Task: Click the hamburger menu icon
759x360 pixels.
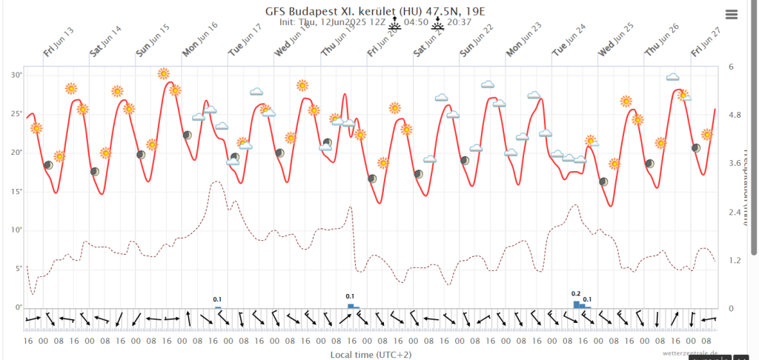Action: pyautogui.click(x=732, y=14)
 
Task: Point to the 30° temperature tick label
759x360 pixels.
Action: pyautogui.click(x=16, y=75)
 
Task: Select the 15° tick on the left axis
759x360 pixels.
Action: pyautogui.click(x=16, y=191)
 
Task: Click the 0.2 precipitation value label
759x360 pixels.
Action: pyautogui.click(x=576, y=294)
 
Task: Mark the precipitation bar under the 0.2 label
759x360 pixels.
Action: pyautogui.click(x=577, y=304)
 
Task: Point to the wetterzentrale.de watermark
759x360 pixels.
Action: pyautogui.click(x=691, y=353)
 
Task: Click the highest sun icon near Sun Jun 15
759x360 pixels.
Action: pyautogui.click(x=164, y=73)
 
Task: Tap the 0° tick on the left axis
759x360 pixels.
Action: pyautogui.click(x=18, y=307)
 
